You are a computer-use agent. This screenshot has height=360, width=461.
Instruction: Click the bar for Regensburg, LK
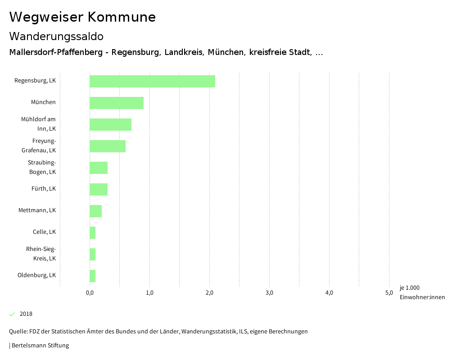(x=152, y=81)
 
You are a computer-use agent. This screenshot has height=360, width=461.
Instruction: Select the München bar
(x=117, y=103)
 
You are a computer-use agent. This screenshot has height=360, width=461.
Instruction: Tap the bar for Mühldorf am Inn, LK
(x=110, y=124)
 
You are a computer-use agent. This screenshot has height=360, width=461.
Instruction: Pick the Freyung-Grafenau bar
(x=108, y=146)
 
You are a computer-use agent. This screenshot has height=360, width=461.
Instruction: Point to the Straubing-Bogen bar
(x=99, y=168)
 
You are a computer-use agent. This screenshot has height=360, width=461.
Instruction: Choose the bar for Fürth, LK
(x=99, y=189)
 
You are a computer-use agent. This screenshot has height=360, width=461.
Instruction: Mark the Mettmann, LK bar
(x=95, y=211)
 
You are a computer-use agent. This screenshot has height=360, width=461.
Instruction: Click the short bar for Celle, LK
(x=93, y=232)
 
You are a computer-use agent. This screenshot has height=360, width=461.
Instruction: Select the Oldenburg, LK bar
(x=93, y=276)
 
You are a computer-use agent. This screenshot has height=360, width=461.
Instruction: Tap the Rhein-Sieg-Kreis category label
(x=41, y=254)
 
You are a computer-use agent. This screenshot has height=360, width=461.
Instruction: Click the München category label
(x=43, y=102)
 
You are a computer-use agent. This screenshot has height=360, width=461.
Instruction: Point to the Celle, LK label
(x=44, y=232)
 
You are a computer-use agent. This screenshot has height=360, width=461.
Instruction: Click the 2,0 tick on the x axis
(x=209, y=293)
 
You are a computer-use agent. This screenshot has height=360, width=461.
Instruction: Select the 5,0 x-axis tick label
(x=389, y=293)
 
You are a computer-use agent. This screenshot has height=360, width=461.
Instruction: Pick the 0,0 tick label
(x=90, y=293)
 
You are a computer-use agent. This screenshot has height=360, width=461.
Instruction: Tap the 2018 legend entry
(x=26, y=314)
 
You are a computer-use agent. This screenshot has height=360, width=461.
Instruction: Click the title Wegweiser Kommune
(x=82, y=17)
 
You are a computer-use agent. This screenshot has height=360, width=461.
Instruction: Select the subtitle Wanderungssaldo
(x=56, y=36)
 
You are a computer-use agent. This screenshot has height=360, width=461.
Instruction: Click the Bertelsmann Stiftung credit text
(x=40, y=346)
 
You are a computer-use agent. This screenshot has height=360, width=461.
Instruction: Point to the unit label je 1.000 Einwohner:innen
(x=422, y=292)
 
